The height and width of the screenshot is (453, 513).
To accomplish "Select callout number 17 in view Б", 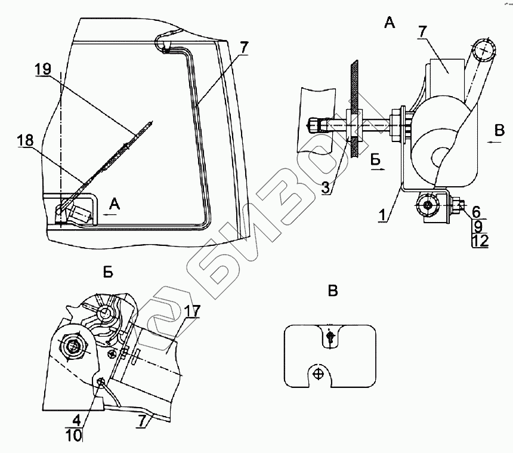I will (x=193, y=311).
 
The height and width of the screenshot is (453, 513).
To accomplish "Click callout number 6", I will (x=475, y=211).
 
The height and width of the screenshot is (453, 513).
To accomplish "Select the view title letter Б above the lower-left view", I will (x=109, y=273).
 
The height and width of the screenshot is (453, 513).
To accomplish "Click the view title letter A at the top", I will (x=389, y=23).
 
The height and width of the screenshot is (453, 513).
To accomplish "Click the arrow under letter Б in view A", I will (x=378, y=169).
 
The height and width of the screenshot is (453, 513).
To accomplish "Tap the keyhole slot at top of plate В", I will (x=331, y=338).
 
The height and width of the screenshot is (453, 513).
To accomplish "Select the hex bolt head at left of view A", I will (x=314, y=126).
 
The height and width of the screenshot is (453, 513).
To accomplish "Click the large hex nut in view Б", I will (x=74, y=347).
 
